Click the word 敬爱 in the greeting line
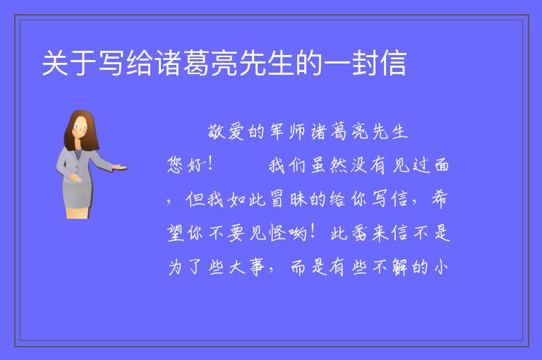coord(226,132)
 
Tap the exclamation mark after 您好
coord(209,164)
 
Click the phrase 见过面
coord(421,165)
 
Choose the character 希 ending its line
coord(440,199)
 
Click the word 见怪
coord(267,233)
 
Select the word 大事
coord(247,267)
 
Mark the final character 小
coord(441,267)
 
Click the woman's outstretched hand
coord(119,167)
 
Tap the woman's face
coord(80,127)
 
